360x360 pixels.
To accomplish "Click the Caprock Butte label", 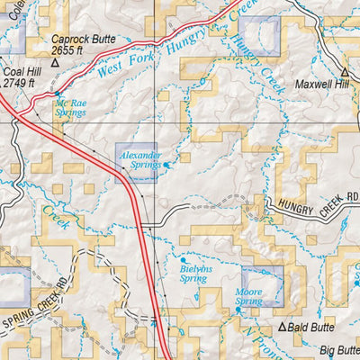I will click(x=82, y=40).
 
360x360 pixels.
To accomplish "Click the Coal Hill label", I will click(x=19, y=72).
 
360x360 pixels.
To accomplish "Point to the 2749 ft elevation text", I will click(x=18, y=83).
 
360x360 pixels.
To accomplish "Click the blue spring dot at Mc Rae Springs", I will click(x=58, y=93).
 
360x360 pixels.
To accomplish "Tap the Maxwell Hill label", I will click(x=324, y=88).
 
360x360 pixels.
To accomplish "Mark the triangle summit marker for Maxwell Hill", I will click(x=344, y=72).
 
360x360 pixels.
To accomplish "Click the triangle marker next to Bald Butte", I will click(x=282, y=328).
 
